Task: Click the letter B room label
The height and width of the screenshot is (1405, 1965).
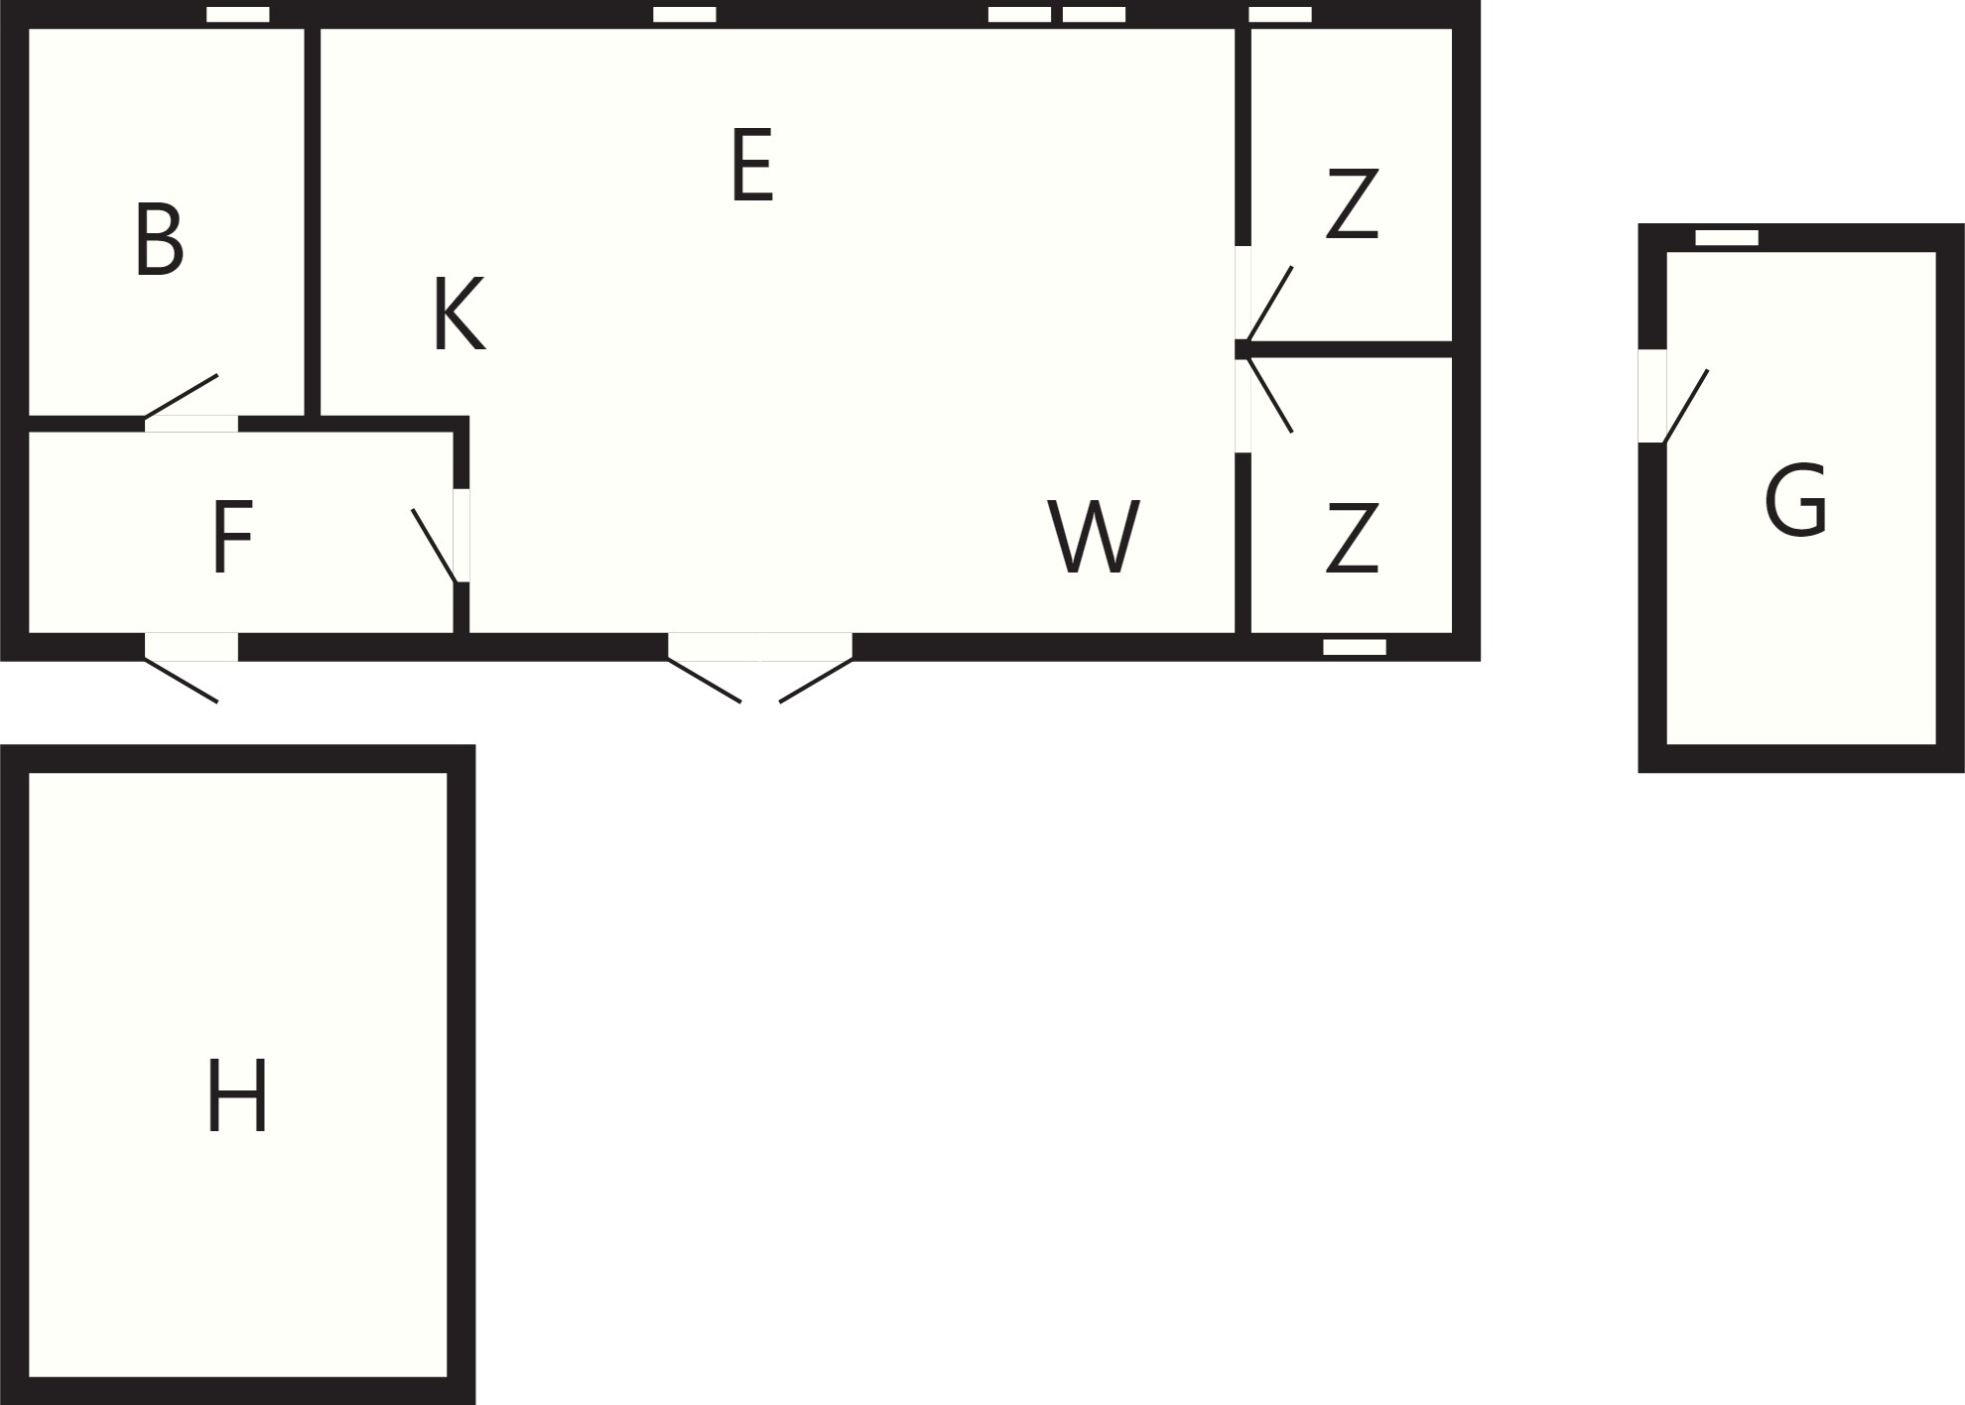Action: pyautogui.click(x=160, y=239)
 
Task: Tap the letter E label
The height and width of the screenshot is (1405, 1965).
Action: pyautogui.click(x=752, y=166)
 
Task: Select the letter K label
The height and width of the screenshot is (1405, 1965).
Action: pyautogui.click(x=459, y=315)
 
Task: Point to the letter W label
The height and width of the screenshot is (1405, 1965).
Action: pyautogui.click(x=1094, y=537)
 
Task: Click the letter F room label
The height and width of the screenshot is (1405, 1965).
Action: pyautogui.click(x=232, y=537)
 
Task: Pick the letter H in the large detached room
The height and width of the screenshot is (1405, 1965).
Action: pyautogui.click(x=237, y=1095)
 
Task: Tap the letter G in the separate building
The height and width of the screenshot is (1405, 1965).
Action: pyautogui.click(x=1796, y=500)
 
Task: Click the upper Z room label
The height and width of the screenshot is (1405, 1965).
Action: pyautogui.click(x=1352, y=203)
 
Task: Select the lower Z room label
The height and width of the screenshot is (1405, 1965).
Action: pyautogui.click(x=1352, y=538)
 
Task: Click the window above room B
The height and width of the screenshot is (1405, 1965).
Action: pyautogui.click(x=238, y=15)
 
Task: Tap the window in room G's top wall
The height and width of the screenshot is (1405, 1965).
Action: pyautogui.click(x=1727, y=238)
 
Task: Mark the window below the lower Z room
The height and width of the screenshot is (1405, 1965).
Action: pyautogui.click(x=1355, y=647)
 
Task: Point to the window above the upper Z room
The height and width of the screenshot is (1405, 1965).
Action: pyautogui.click(x=1280, y=15)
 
